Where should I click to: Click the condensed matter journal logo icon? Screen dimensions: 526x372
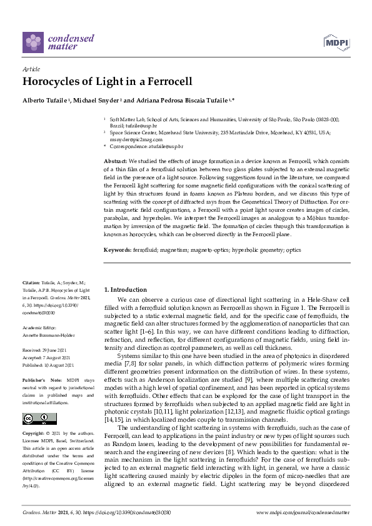[33, 42]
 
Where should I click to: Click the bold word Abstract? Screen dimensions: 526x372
[115, 162]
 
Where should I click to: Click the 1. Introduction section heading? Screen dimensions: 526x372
[125, 290]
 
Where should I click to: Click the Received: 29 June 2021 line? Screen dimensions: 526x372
[48, 352]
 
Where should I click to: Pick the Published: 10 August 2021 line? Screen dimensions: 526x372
[49, 365]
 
